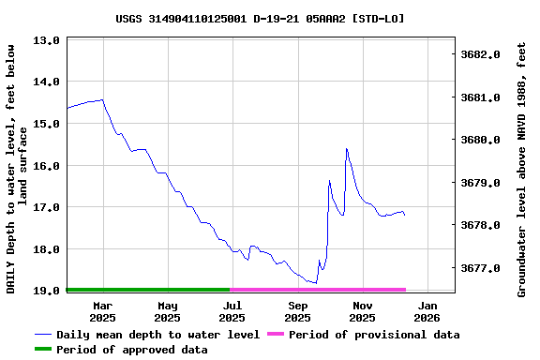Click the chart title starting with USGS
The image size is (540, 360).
tap(261, 18)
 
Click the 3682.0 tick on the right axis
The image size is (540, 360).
tap(481, 55)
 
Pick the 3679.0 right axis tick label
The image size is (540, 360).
tap(481, 183)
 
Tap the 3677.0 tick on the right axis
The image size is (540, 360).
tap(481, 268)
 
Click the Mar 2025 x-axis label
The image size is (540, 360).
tap(102, 311)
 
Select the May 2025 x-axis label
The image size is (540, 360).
tap(168, 311)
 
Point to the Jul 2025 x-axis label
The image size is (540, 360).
tap(232, 311)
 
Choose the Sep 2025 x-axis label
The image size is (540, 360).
tap(298, 311)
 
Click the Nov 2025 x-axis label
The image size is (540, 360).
tap(363, 311)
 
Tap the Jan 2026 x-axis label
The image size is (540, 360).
tap(427, 311)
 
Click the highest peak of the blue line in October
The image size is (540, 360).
tap(346, 149)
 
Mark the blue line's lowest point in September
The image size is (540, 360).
tap(316, 282)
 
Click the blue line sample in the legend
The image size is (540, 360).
tap(43, 335)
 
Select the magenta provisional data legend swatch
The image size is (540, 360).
tap(276, 335)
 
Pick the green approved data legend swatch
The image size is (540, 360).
tap(43, 350)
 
